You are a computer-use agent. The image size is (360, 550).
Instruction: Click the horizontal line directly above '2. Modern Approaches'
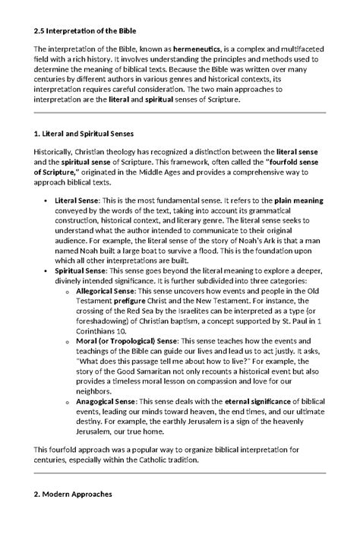click(x=180, y=473)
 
